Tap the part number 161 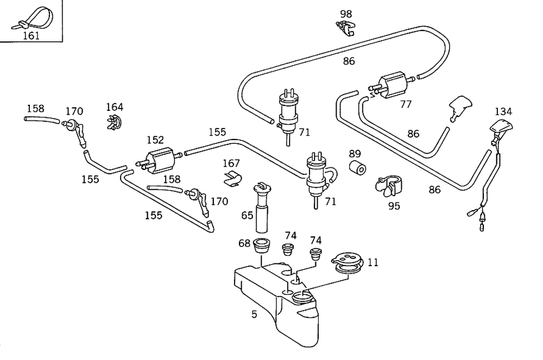[x=31, y=35]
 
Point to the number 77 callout [x=406, y=104]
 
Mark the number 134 [x=503, y=111]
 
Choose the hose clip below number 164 [x=113, y=123]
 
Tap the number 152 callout [x=155, y=141]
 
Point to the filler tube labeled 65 [x=262, y=206]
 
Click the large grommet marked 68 [x=263, y=246]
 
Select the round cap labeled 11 [x=346, y=262]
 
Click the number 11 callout [x=372, y=262]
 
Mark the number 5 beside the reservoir [x=254, y=314]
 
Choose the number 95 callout [x=394, y=206]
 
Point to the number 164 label [x=115, y=107]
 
